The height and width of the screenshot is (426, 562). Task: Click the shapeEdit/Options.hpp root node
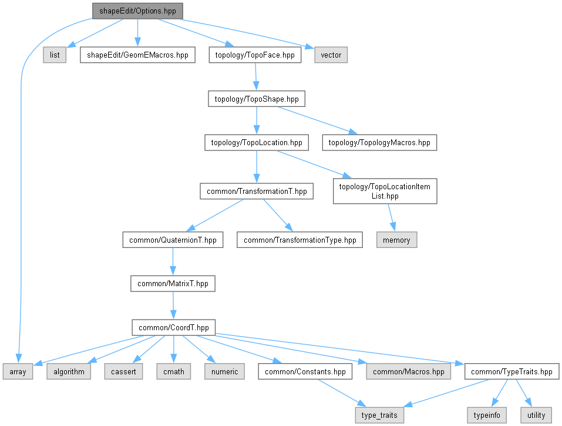coord(137,11)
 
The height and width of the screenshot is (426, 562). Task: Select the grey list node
coord(55,55)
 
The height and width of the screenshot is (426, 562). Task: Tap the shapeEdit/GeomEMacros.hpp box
coord(137,55)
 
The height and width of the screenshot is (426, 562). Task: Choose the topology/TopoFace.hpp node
coord(255,55)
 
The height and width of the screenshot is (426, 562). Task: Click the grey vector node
coord(331,55)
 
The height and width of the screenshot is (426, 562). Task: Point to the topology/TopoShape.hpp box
coord(256,99)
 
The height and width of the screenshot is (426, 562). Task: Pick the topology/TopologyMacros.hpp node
coord(379,142)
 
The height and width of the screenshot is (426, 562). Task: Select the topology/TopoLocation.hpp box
coord(256,142)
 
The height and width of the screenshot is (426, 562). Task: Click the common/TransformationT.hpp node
coord(256,192)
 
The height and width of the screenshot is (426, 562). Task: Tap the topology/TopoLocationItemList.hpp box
coord(385,192)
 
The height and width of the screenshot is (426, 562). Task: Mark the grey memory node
coord(396,240)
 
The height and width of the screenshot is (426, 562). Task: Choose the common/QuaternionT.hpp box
coord(173,240)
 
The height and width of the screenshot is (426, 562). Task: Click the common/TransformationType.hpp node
coord(299,240)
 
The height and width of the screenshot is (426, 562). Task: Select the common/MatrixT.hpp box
coord(173,283)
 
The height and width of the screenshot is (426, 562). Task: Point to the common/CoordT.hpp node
coord(173,327)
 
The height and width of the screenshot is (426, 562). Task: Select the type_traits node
coord(379,415)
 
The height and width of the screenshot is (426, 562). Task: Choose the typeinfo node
coord(486,415)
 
